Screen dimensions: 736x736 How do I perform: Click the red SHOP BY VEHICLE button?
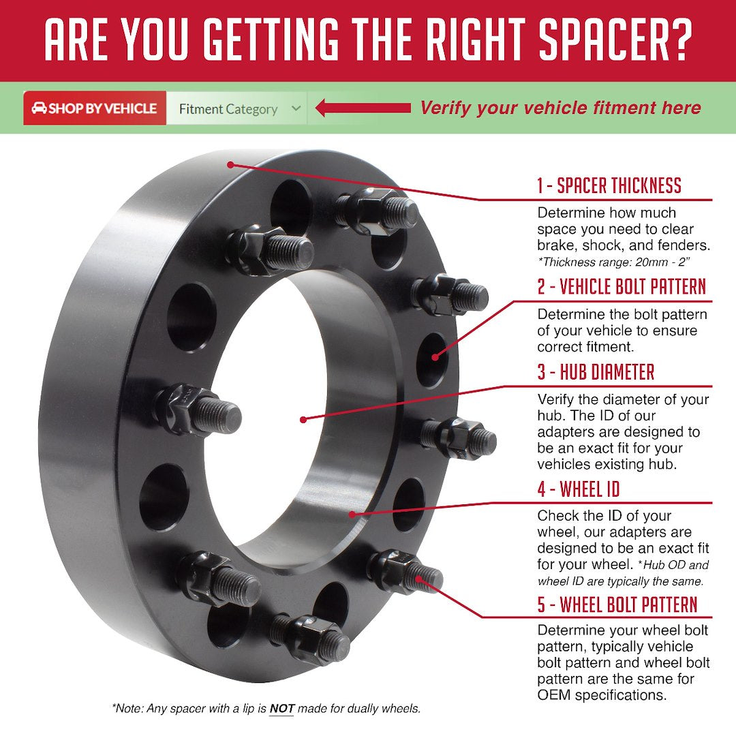coord(95,108)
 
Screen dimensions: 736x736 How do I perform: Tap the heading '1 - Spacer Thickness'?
coord(609,185)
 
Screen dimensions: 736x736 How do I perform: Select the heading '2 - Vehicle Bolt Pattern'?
coord(621,287)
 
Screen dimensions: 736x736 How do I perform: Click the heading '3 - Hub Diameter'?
coord(595,372)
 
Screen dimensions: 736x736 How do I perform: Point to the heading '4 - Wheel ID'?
coord(578,489)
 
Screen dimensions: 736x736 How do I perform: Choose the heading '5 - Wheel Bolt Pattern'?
coord(617,604)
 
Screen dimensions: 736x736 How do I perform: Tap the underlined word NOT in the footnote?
coord(281,709)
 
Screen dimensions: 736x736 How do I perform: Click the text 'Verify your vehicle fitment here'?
coord(560,108)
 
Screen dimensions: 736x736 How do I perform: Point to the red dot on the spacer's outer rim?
coord(231,164)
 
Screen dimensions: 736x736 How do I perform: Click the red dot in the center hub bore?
coord(303,418)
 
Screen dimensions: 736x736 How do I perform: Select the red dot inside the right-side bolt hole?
coord(434,354)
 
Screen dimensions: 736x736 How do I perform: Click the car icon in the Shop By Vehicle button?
coord(39,108)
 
